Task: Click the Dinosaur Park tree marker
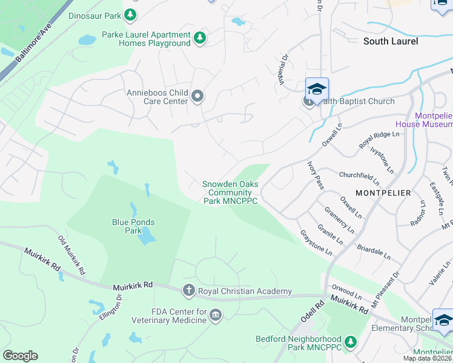130,14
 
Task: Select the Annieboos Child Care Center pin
197,96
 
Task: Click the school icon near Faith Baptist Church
317,90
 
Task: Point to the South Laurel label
387,41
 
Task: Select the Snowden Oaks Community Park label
230,192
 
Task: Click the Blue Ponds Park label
133,226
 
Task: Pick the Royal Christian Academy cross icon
188,291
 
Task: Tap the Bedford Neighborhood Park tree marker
350,343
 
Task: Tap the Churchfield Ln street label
359,177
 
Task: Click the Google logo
20,356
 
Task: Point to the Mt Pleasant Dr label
386,284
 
